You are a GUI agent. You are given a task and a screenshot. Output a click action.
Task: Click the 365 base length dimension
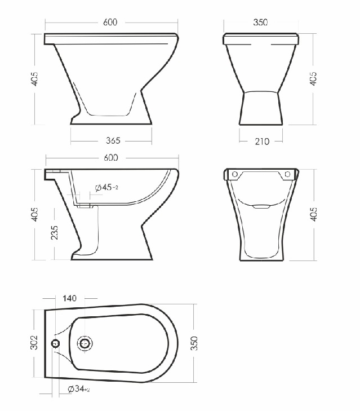pos(113,140)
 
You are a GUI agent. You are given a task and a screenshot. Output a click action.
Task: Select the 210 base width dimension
pos(262,142)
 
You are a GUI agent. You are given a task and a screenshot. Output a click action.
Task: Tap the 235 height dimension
pos(55,232)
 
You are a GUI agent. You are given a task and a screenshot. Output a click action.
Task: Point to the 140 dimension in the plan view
pos(69,298)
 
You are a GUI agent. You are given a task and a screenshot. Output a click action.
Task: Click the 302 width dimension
pos(34,342)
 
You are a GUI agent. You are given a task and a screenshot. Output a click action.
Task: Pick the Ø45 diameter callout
pos(106,187)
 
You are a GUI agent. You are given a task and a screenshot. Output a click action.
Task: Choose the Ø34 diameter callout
pos(79,389)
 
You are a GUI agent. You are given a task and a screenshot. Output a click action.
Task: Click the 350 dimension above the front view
pos(260,23)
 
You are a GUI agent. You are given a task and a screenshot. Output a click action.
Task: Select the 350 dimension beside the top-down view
pos(194,343)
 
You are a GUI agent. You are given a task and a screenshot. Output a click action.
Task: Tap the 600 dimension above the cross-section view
pos(111,157)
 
